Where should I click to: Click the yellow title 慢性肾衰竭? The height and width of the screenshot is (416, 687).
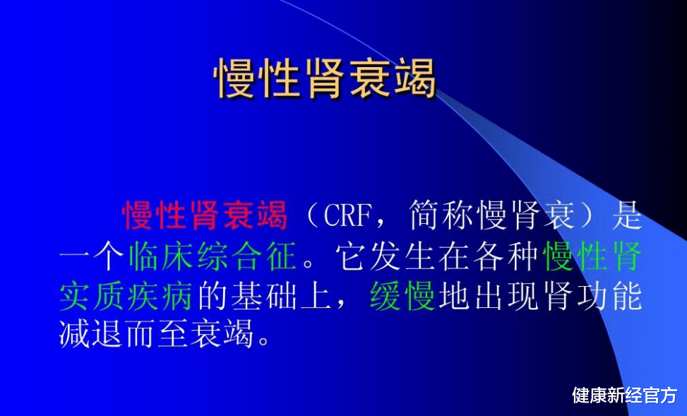pyautogui.click(x=325, y=78)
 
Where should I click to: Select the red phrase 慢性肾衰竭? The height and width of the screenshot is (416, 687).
pyautogui.click(x=205, y=215)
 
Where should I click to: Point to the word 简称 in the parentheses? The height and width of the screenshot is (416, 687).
pyautogui.click(x=443, y=215)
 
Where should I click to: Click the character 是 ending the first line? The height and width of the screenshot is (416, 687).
pyautogui.click(x=626, y=215)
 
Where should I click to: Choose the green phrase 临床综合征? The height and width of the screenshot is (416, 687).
pyautogui.click(x=213, y=256)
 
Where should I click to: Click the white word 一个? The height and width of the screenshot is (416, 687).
pyautogui.click(x=92, y=256)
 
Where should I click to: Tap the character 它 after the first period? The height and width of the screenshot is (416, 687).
pyautogui.click(x=351, y=256)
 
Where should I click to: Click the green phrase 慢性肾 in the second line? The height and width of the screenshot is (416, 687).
pyautogui.click(x=592, y=256)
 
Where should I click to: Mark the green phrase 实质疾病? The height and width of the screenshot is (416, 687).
pyautogui.click(x=126, y=297)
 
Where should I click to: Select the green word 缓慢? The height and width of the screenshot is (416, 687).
pyautogui.click(x=402, y=297)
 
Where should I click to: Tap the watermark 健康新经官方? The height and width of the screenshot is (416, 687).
pyautogui.click(x=624, y=395)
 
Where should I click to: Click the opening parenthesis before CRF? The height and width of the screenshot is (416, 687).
pyautogui.click(x=312, y=215)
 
